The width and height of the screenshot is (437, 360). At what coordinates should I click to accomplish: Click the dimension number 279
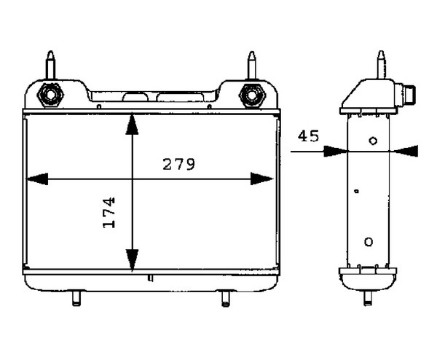pyautogui.click(x=178, y=164)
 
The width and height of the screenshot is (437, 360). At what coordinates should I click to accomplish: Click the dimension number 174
pyautogui.click(x=109, y=213)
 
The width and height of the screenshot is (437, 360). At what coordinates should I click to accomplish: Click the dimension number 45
pyautogui.click(x=308, y=136)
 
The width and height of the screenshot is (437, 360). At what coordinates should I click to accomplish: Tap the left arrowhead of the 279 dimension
pyautogui.click(x=37, y=179)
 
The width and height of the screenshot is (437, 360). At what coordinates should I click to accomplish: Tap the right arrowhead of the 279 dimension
pyautogui.click(x=261, y=179)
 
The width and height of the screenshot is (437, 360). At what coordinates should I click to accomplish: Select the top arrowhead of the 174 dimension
pyautogui.click(x=132, y=125)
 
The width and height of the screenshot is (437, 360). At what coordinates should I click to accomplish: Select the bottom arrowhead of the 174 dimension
pyautogui.click(x=132, y=260)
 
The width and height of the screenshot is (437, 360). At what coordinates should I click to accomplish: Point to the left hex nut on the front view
pyautogui.click(x=50, y=95)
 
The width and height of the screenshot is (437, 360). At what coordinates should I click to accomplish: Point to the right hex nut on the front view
pyautogui.click(x=252, y=95)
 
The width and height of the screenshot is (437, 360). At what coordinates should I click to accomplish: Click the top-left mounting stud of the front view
pyautogui.click(x=50, y=65)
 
